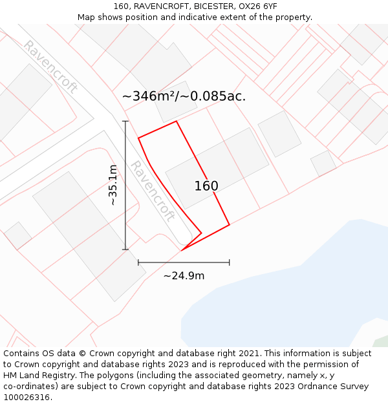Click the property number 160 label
coord(206,186)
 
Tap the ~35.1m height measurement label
coord(113,186)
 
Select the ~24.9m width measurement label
coord(184,276)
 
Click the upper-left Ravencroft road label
coord(50,67)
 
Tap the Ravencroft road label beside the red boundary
coord(153,191)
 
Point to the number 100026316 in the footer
coord(27,398)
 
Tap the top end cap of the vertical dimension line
coord(125,121)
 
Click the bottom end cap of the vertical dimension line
coord(125,250)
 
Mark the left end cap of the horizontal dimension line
coord(138,262)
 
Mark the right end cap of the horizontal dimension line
coord(230,262)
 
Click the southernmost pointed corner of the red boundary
coord(183,249)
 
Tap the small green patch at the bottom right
coord(381,342)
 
